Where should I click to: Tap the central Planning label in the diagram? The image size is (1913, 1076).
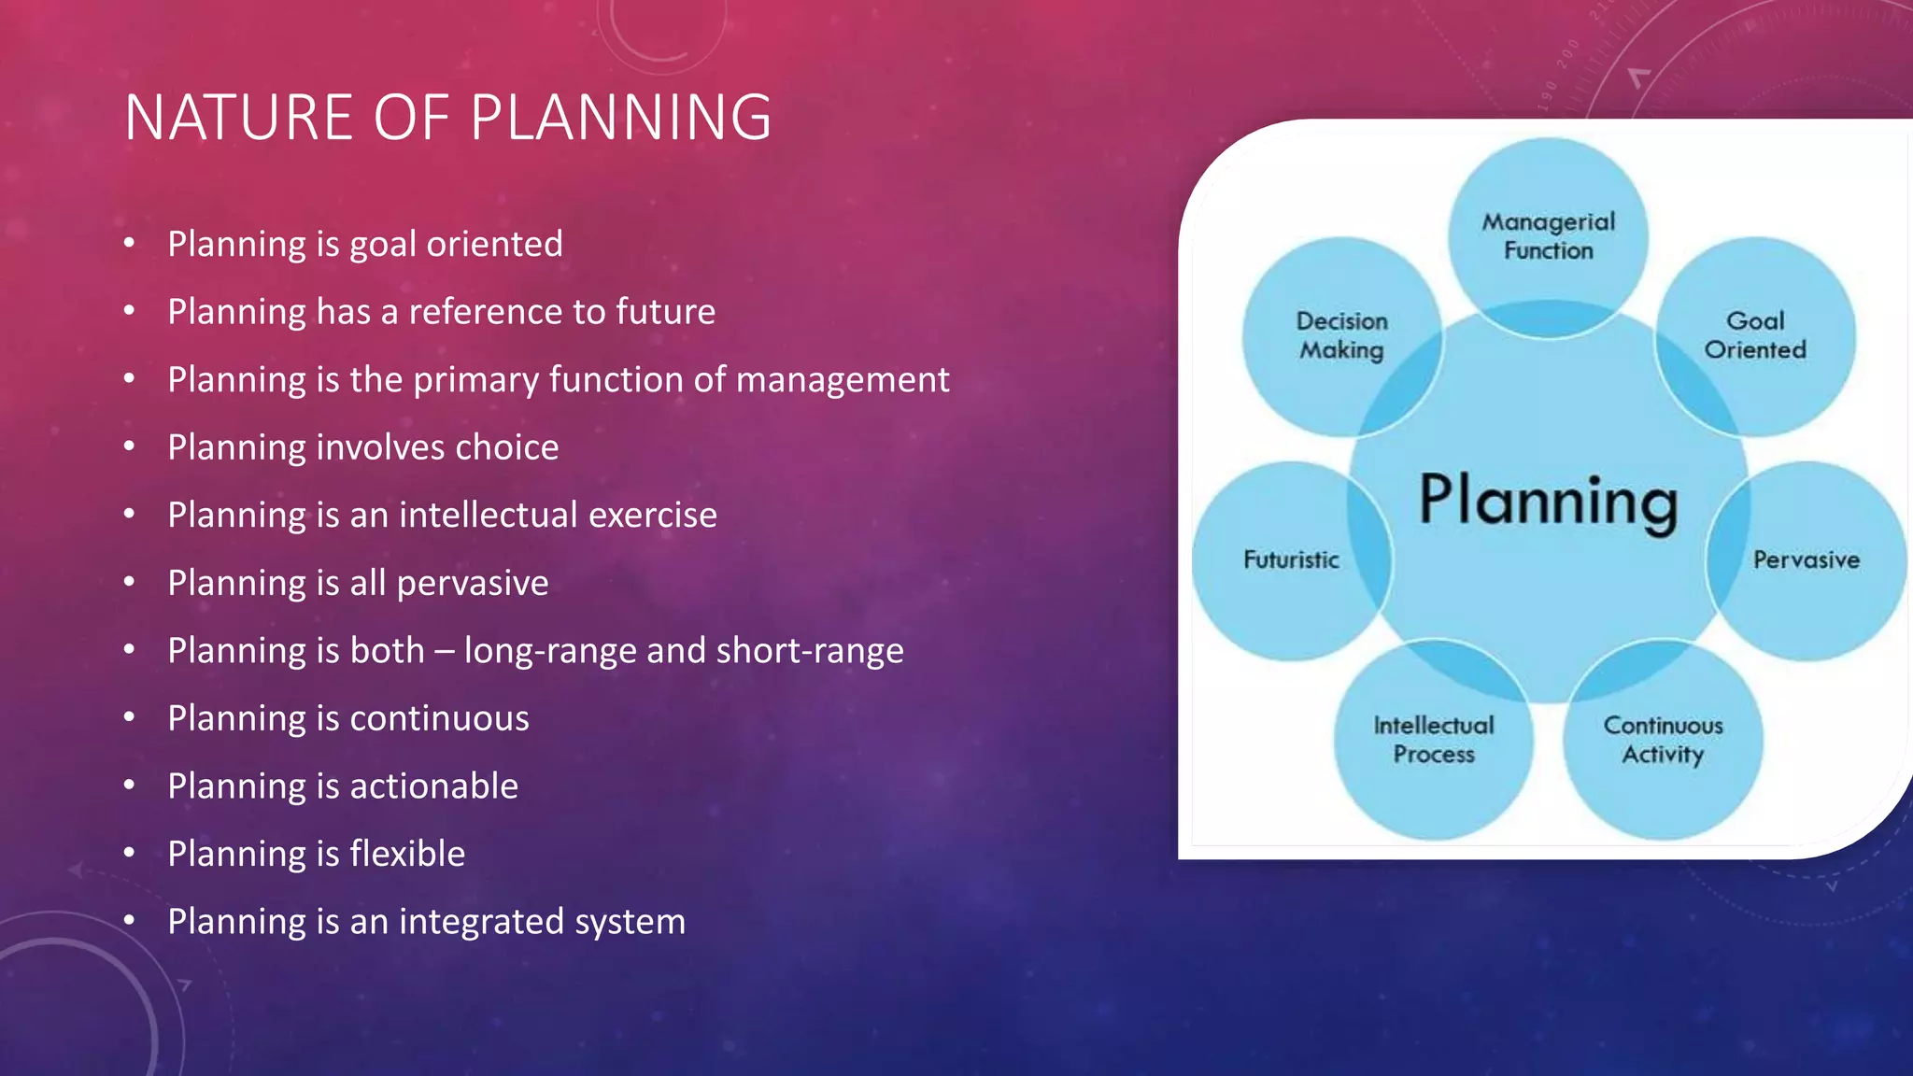click(x=1548, y=502)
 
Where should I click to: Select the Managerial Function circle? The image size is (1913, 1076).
click(x=1548, y=235)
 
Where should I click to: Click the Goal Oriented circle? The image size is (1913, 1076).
click(x=1755, y=335)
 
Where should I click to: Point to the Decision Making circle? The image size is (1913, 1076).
click(x=1341, y=335)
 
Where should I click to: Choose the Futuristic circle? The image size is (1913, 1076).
click(x=1291, y=559)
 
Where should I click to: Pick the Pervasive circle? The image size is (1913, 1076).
click(x=1807, y=559)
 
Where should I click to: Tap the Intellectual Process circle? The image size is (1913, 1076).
click(x=1434, y=740)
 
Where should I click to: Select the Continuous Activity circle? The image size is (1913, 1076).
click(x=1663, y=740)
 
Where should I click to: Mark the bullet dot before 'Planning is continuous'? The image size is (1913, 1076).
click(x=130, y=717)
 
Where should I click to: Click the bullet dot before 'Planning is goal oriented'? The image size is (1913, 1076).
click(x=130, y=244)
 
